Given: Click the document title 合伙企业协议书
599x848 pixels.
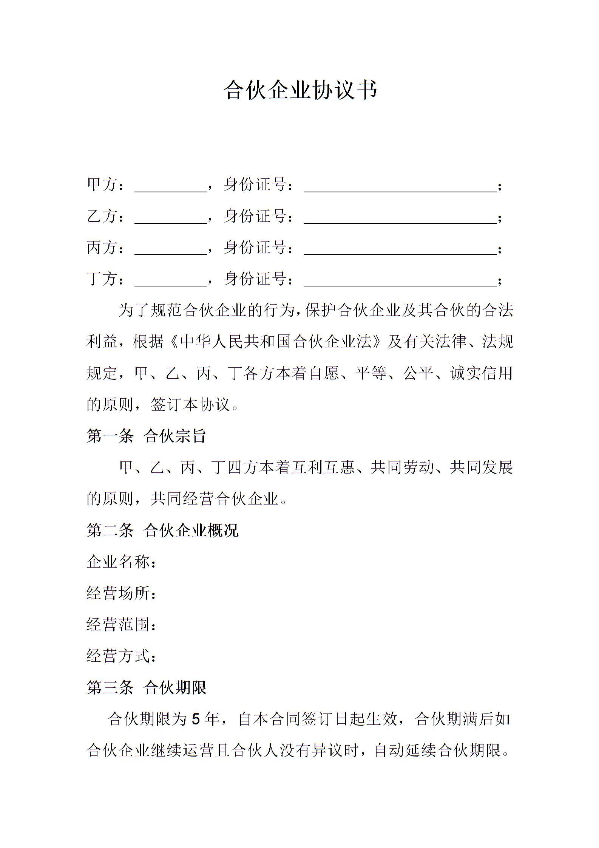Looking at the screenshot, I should (x=300, y=90).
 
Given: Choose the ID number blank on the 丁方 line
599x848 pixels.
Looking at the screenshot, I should (x=400, y=281).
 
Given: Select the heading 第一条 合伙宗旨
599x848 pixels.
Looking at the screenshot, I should (x=146, y=436).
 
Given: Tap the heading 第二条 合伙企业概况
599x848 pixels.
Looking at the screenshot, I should (x=162, y=530).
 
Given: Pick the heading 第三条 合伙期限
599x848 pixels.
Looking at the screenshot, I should (x=146, y=687).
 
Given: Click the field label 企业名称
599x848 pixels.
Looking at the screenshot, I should (x=119, y=562).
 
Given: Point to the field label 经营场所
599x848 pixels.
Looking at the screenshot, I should (x=119, y=593).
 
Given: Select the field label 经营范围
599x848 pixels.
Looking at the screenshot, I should (x=119, y=625).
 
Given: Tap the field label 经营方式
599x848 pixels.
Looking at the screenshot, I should (x=119, y=656).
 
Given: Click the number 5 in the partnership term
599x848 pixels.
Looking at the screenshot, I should (x=195, y=719).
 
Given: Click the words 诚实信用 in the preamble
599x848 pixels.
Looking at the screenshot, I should (x=482, y=373).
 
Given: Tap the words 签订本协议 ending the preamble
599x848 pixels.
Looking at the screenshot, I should (x=190, y=405).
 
